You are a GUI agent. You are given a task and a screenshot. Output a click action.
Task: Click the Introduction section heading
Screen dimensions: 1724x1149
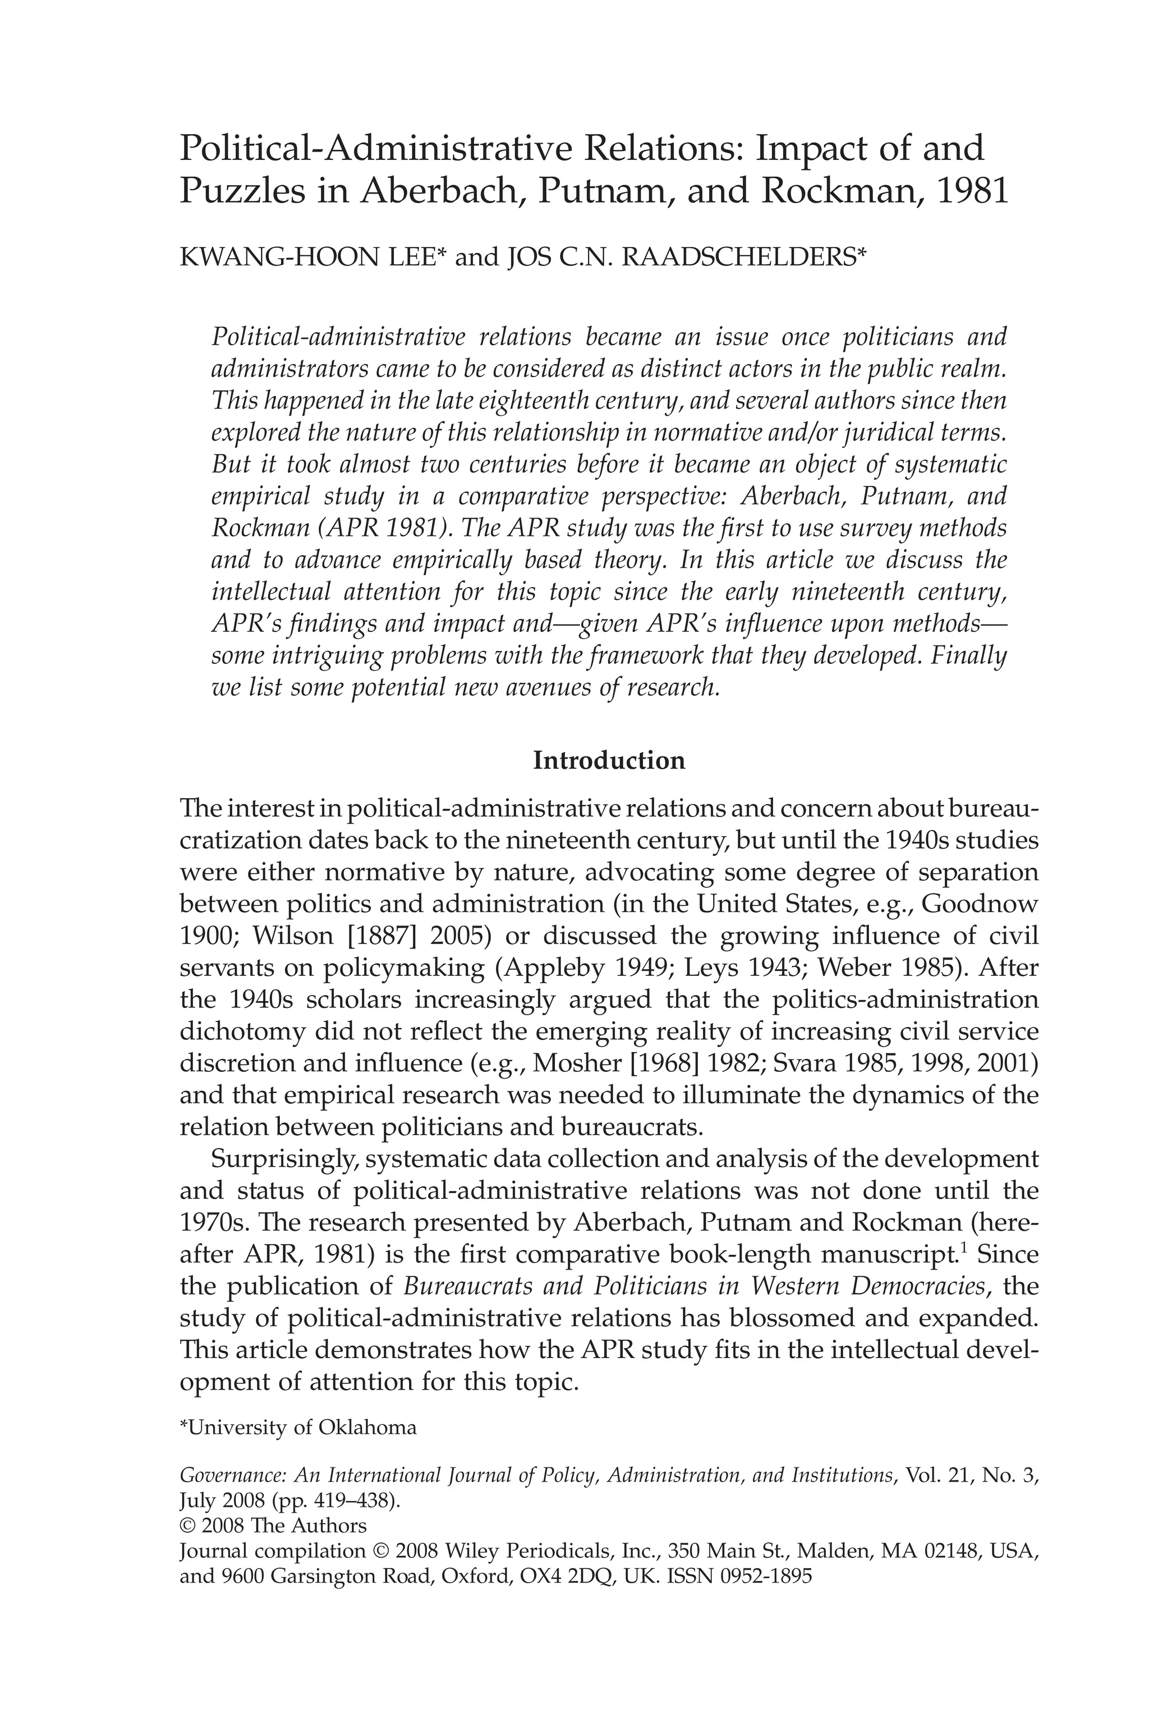609,760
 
